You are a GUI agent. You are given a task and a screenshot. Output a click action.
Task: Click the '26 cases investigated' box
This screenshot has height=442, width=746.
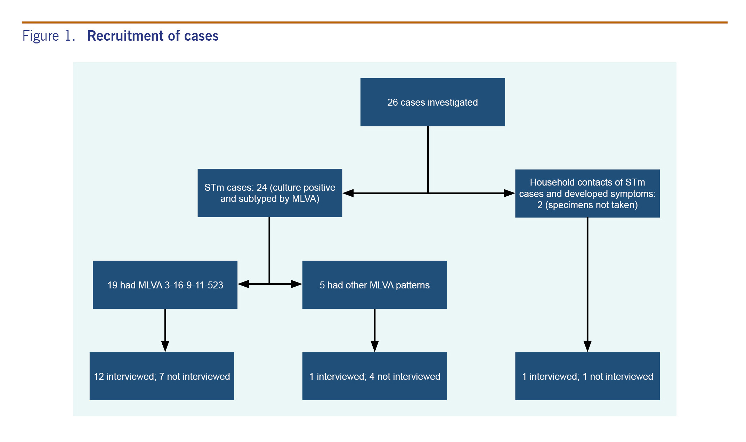click(x=432, y=102)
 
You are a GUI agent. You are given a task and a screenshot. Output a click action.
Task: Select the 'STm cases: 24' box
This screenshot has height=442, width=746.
click(x=270, y=193)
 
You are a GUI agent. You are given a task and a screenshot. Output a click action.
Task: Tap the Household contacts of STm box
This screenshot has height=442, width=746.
click(x=587, y=194)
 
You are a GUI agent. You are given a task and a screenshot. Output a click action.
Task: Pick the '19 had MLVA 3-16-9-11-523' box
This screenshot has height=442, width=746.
click(x=165, y=285)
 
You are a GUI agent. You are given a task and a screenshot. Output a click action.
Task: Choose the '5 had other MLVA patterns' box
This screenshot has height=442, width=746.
click(x=374, y=285)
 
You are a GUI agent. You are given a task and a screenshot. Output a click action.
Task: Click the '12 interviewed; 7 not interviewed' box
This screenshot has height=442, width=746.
click(x=162, y=376)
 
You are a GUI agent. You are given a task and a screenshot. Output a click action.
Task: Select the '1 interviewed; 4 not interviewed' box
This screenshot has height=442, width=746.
click(x=374, y=376)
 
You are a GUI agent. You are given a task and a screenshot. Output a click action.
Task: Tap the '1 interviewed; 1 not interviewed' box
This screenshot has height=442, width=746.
click(x=587, y=376)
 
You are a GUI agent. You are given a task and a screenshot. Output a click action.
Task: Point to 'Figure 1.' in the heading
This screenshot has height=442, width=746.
click(x=49, y=36)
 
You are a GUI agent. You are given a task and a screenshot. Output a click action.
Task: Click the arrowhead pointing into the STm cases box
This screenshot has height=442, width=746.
click(x=348, y=193)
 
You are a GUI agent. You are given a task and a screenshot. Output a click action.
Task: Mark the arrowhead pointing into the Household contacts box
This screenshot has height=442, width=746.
click(x=509, y=193)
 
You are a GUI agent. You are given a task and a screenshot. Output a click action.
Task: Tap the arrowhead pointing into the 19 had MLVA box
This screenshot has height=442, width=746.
click(x=243, y=284)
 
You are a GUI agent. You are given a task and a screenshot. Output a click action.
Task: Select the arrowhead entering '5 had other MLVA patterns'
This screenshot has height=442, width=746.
click(x=297, y=284)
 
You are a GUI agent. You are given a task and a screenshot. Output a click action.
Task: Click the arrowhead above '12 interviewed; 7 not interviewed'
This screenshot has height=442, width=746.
click(x=165, y=346)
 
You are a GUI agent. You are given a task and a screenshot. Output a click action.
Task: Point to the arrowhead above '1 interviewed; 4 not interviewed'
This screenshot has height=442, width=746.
click(x=374, y=346)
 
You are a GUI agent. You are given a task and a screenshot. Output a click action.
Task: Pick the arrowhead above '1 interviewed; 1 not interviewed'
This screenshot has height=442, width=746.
click(x=587, y=346)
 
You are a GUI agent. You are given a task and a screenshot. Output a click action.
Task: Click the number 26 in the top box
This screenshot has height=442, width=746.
click(x=392, y=102)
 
